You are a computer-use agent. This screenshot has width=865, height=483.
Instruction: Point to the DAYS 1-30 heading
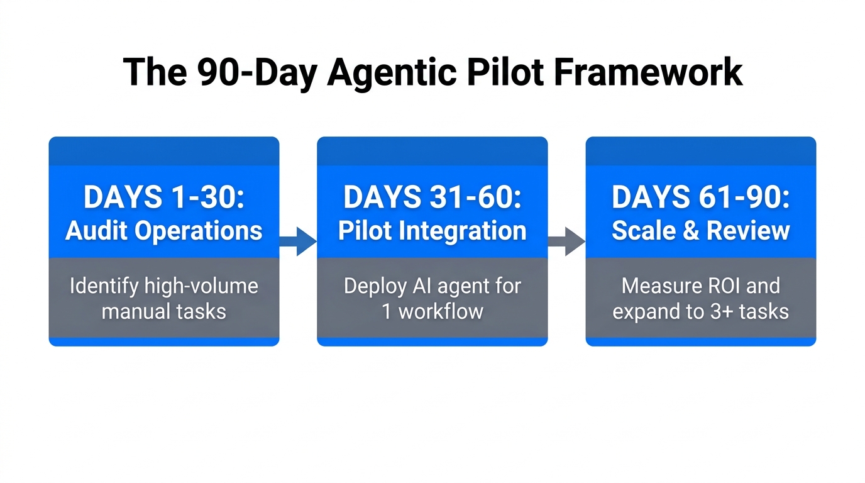[163, 198]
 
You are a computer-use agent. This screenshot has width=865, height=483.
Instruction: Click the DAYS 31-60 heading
[432, 198]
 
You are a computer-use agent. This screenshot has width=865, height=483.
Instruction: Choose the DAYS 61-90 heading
[700, 198]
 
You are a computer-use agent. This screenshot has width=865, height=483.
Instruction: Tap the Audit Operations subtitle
[163, 231]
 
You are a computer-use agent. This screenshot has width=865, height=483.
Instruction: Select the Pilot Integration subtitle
[432, 231]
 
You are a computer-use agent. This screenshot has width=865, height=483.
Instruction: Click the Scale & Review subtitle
[700, 231]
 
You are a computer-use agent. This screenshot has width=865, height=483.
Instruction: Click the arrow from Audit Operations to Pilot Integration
[298, 241]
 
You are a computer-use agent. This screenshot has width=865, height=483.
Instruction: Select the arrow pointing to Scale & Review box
[566, 241]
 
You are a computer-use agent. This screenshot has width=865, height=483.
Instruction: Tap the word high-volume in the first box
[201, 286]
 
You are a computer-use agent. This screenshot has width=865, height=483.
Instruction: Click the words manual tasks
[163, 311]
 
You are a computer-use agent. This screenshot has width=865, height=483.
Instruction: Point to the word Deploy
[376, 286]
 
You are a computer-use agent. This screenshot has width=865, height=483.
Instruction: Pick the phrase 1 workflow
[432, 311]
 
